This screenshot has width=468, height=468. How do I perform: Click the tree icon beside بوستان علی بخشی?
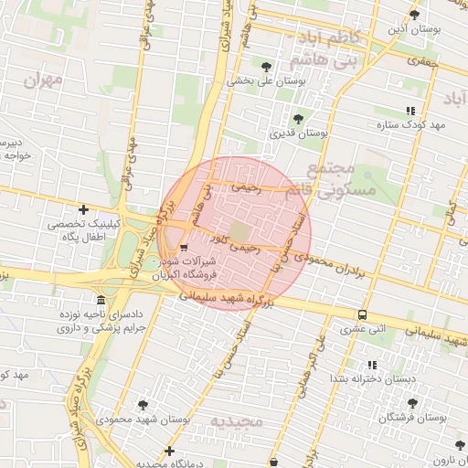[x=266, y=67]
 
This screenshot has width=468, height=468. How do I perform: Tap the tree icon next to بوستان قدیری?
[x=298, y=119]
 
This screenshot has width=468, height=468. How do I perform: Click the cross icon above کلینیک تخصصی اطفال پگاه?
[x=84, y=210]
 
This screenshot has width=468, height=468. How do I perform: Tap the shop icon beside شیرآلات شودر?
[x=185, y=247]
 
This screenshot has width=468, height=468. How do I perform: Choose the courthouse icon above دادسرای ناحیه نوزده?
[x=99, y=301]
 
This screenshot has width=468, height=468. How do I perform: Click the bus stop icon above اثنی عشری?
[x=363, y=314]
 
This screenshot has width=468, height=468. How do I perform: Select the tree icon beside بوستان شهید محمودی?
[x=143, y=404]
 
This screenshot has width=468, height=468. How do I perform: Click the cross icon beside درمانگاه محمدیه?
[x=170, y=451]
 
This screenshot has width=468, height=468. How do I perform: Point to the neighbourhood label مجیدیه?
[x=237, y=421]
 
